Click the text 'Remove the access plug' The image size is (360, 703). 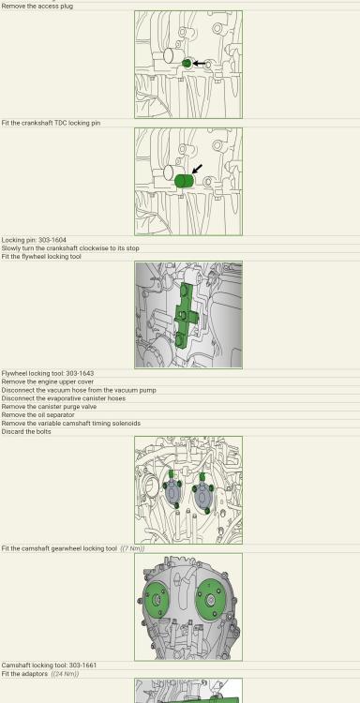pyautogui.click(x=37, y=7)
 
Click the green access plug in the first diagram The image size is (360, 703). pyautogui.click(x=187, y=64)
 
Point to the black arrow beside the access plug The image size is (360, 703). pyautogui.click(x=199, y=64)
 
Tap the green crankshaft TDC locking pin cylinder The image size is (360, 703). pyautogui.click(x=184, y=181)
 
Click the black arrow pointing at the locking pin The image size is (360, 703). pyautogui.click(x=197, y=169)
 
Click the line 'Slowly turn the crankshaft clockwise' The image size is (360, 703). pyautogui.click(x=70, y=248)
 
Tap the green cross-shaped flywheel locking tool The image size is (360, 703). pyautogui.click(x=185, y=316)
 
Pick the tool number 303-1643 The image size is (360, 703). pyautogui.click(x=80, y=373)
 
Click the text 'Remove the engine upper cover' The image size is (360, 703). pyautogui.click(x=48, y=382)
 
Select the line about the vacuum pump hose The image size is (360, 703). pyautogui.click(x=79, y=391)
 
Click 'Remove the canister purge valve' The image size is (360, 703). pyautogui.click(x=49, y=407)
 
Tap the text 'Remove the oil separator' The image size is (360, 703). pyautogui.click(x=38, y=415)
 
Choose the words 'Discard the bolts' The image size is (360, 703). pyautogui.click(x=26, y=432)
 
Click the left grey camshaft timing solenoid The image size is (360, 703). pyautogui.click(x=172, y=493)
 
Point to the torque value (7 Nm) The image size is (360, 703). pyautogui.click(x=133, y=548)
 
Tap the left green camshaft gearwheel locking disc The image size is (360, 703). pyautogui.click(x=157, y=600)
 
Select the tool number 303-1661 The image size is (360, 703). pyautogui.click(x=82, y=666)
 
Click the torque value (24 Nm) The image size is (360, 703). pyautogui.click(x=65, y=674)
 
